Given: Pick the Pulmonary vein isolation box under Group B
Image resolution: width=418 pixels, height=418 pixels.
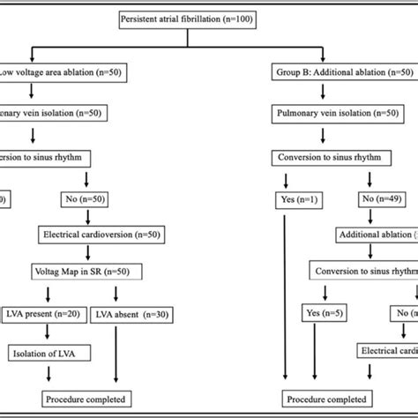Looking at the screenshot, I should pyautogui.click(x=336, y=113).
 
